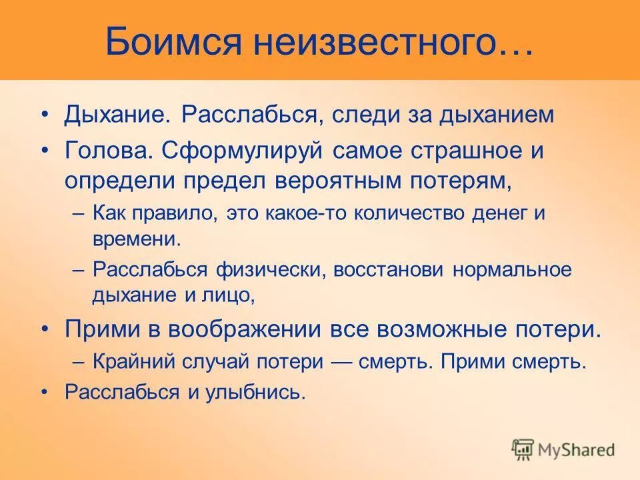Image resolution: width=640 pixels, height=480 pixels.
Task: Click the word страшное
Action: click(x=453, y=151)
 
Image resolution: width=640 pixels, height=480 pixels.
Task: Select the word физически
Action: click(x=271, y=270)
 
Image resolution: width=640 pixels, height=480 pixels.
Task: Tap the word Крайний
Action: click(x=131, y=362)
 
